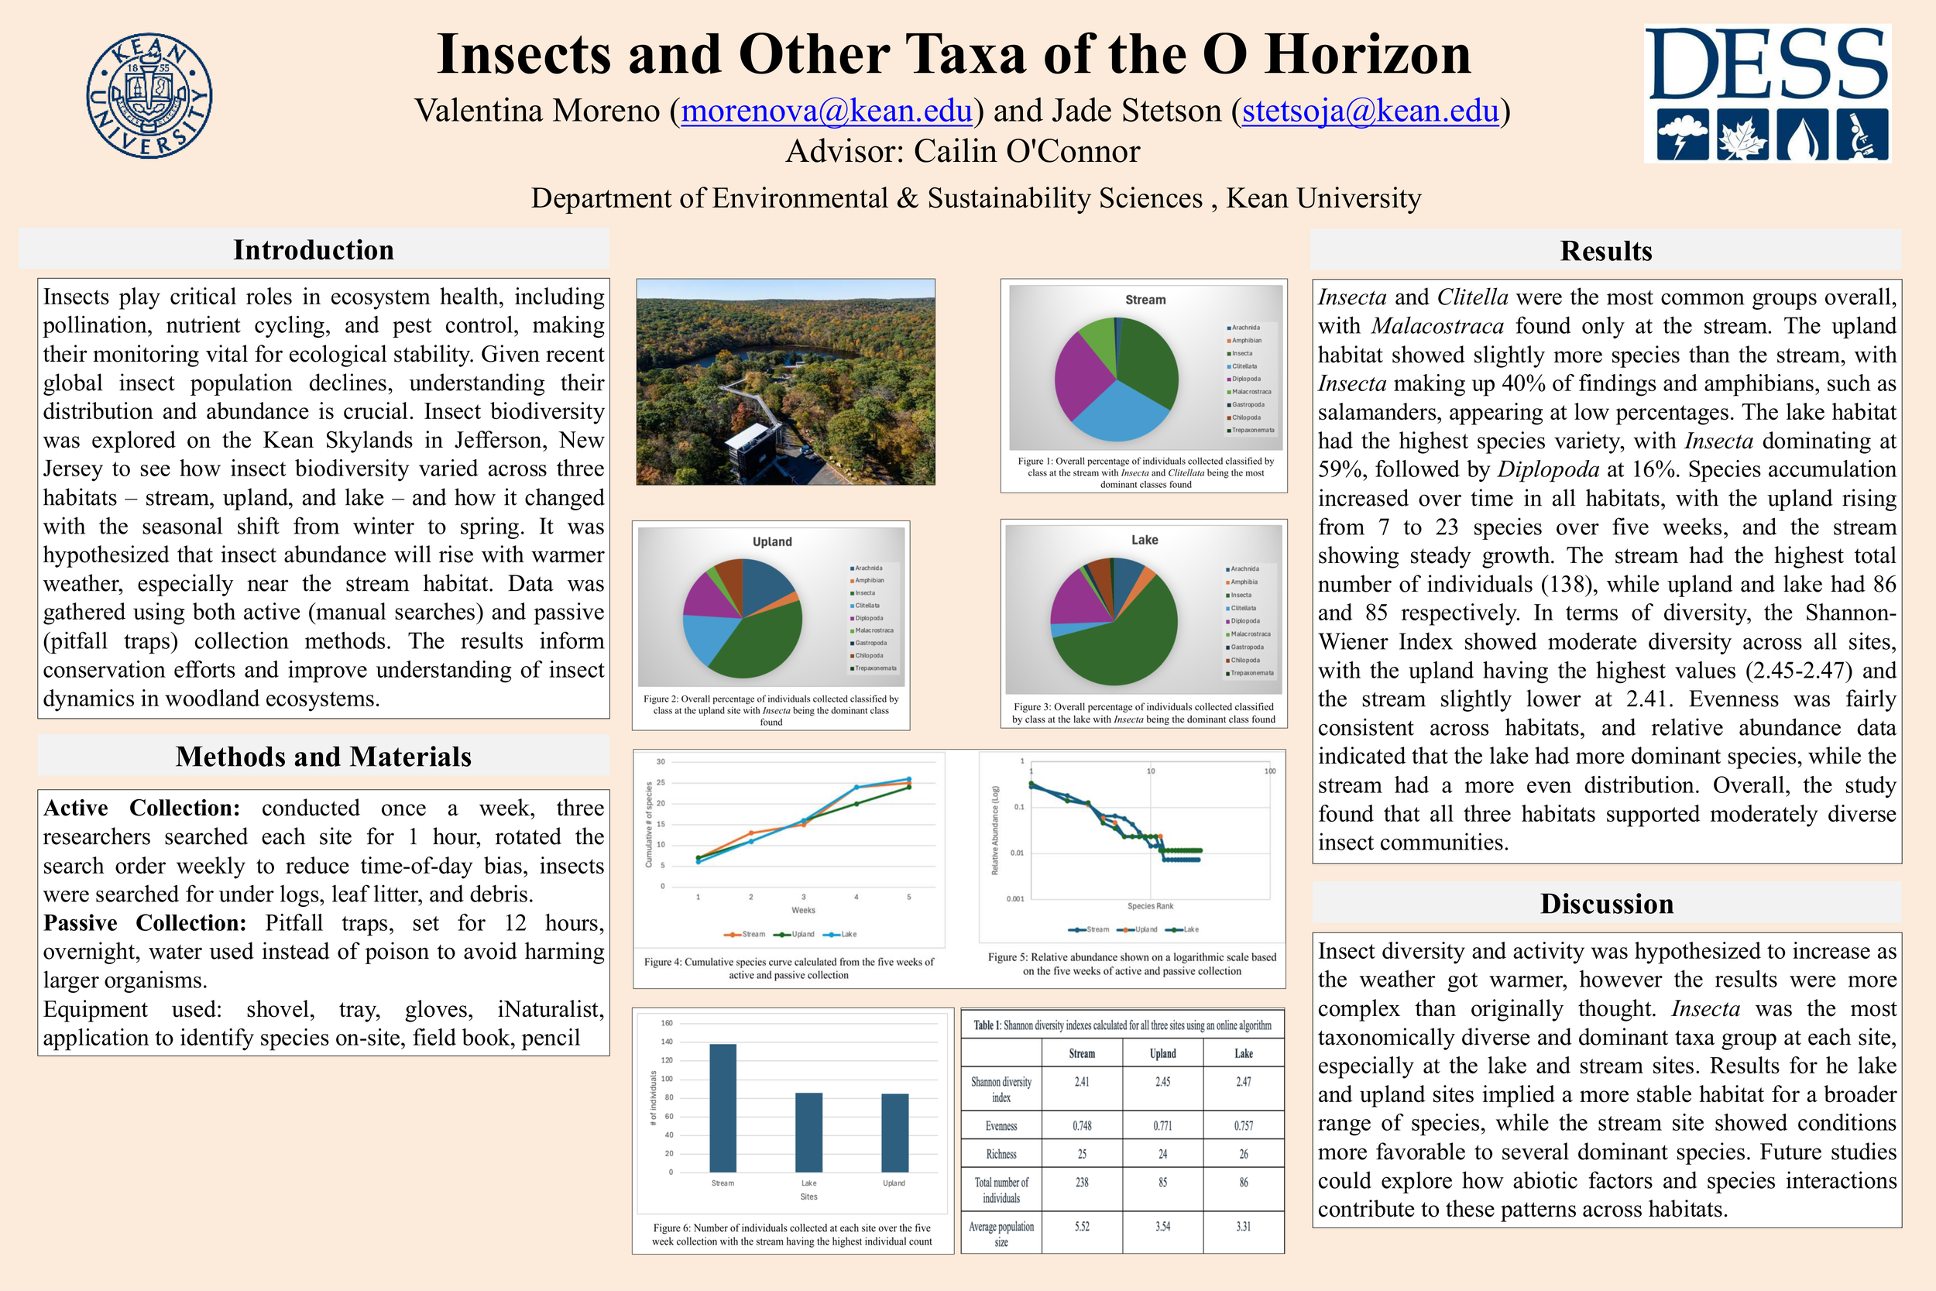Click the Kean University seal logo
(x=149, y=95)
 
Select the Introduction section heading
(x=314, y=249)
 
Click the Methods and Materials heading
(x=324, y=756)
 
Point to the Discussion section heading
(x=1606, y=903)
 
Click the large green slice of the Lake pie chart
(x=1121, y=642)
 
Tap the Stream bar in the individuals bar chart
(x=723, y=1107)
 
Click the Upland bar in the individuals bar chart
(x=894, y=1132)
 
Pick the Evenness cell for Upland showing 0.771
(x=1162, y=1125)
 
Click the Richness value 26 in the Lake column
(x=1243, y=1153)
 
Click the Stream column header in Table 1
(x=1082, y=1053)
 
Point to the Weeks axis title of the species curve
(x=803, y=910)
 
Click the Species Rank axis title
(x=1150, y=905)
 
